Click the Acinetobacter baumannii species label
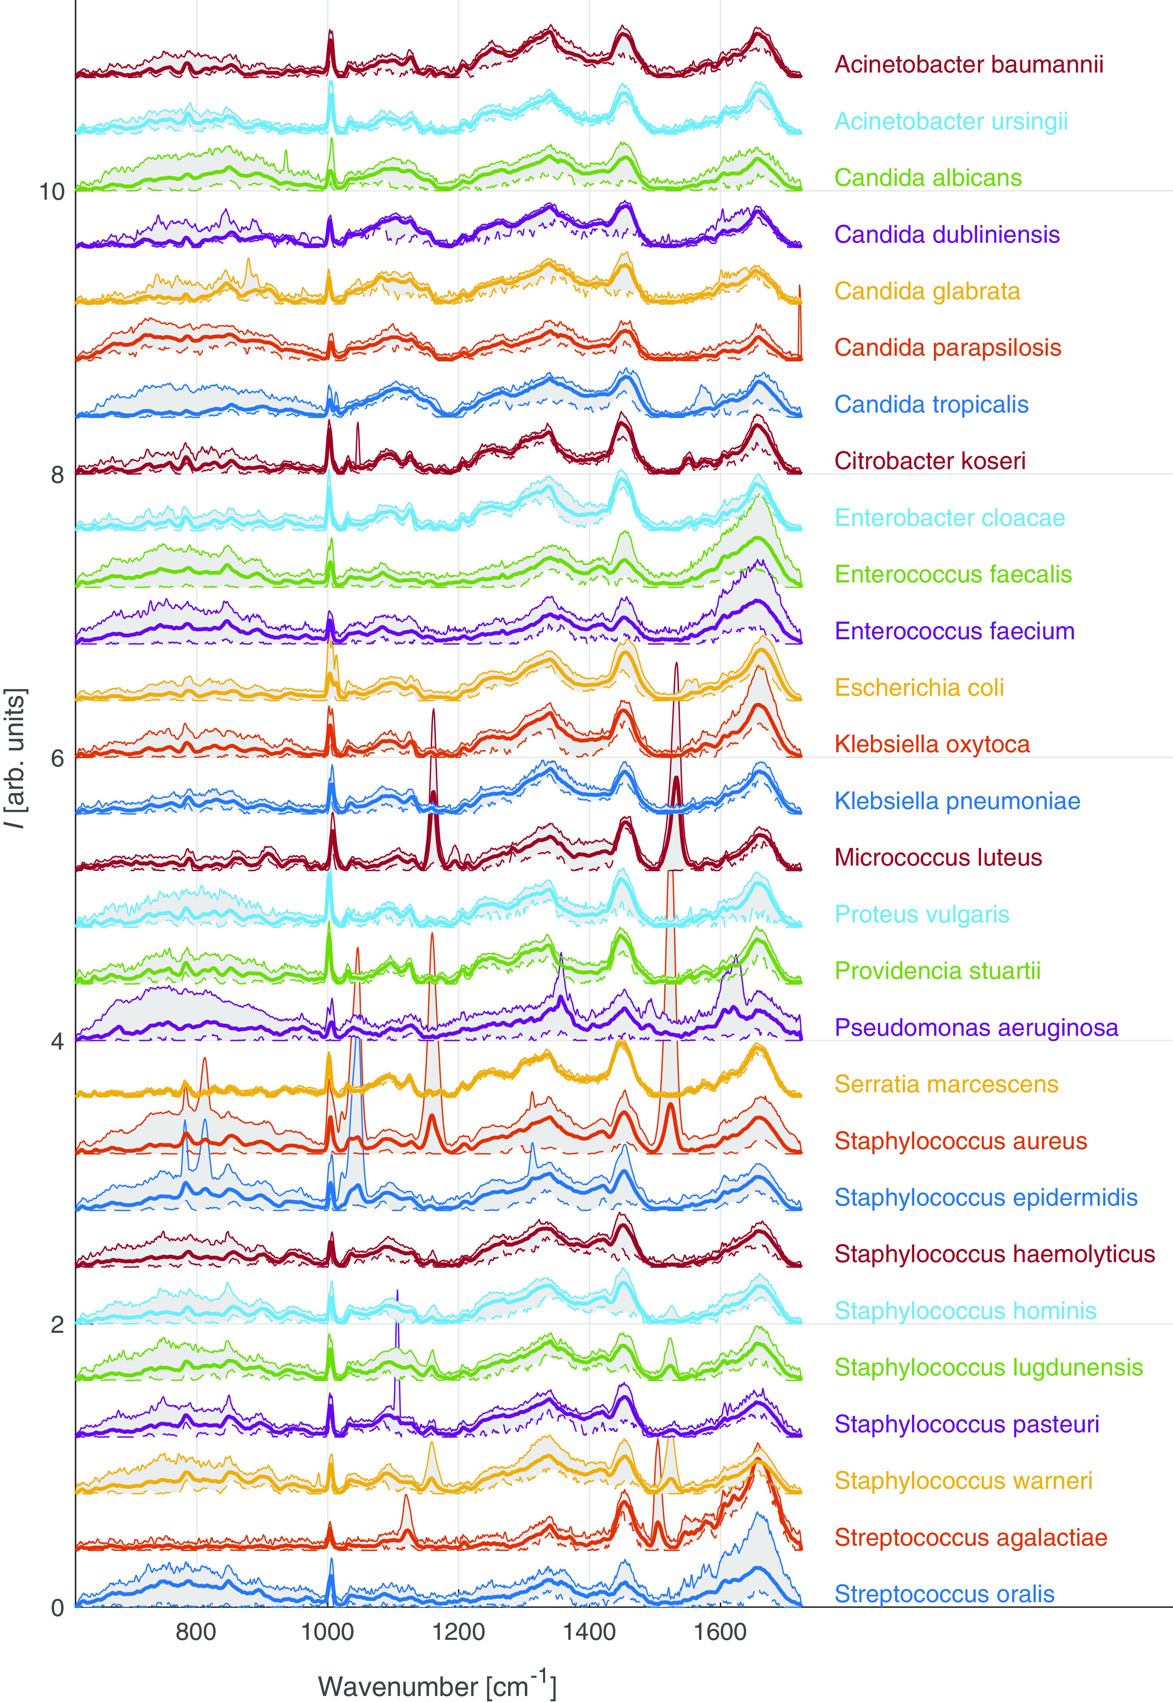click(969, 65)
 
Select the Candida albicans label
click(927, 178)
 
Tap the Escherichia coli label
click(919, 688)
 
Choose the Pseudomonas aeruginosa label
click(976, 1027)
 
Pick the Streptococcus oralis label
click(945, 1594)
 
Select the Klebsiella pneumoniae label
click(957, 801)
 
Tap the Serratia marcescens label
click(946, 1084)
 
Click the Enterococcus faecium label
click(954, 631)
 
